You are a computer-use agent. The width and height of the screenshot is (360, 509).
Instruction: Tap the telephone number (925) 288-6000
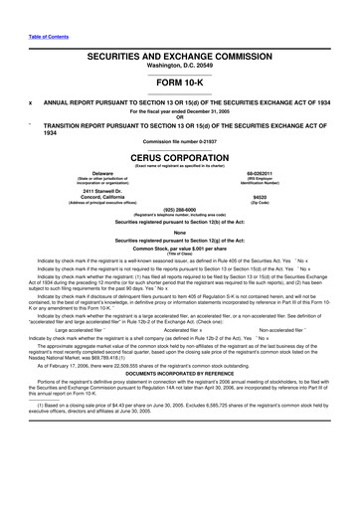(x=179, y=209)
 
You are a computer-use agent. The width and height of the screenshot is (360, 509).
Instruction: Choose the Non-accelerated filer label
(x=285, y=303)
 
